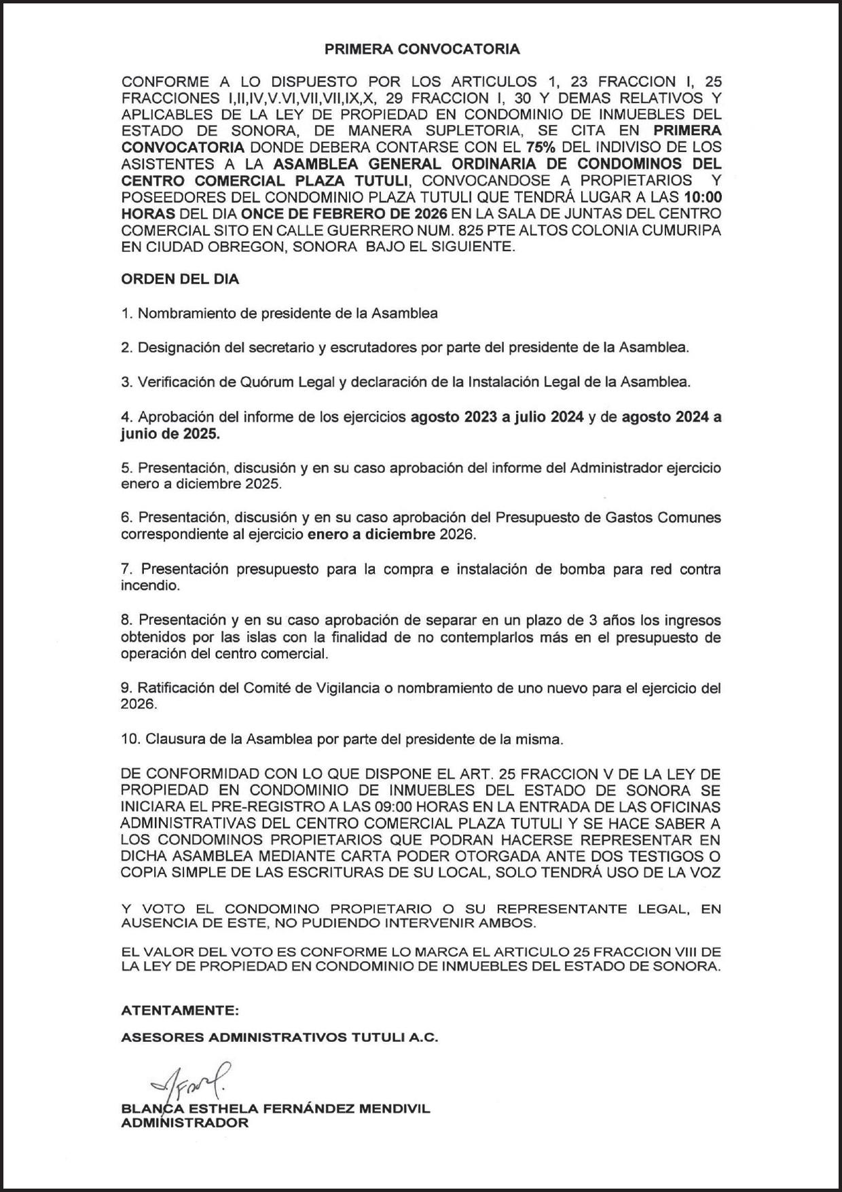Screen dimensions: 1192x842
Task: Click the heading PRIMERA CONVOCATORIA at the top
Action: (x=422, y=49)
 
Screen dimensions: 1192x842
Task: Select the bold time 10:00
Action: (x=701, y=197)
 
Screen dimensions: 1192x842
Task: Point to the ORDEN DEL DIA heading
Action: (x=180, y=279)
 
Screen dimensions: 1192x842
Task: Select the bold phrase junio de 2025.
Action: (x=170, y=435)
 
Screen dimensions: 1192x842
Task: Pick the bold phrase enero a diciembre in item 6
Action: (x=371, y=535)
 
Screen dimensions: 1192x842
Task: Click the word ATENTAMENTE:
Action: (x=180, y=1011)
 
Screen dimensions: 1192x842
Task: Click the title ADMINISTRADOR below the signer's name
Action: (x=185, y=1123)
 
